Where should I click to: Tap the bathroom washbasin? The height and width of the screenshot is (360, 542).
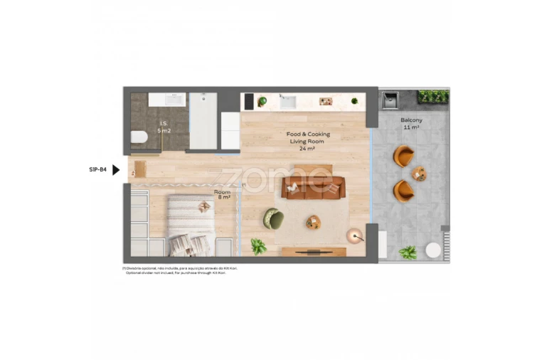pos(166,100)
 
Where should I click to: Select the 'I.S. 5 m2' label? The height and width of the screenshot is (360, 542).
pos(164,127)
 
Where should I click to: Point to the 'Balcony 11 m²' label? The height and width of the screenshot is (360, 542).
pos(411,123)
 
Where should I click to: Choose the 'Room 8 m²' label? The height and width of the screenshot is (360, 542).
pos(222,194)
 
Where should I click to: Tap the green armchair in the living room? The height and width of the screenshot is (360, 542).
pos(273,218)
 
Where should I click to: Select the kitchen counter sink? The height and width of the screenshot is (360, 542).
pos(288,102)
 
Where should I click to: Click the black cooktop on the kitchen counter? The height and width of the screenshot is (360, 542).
pos(248,102)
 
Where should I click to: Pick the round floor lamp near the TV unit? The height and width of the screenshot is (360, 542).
pos(354,234)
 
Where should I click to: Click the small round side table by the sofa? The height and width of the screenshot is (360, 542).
pos(313,222)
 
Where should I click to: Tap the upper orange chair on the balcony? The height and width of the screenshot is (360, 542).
pos(404,156)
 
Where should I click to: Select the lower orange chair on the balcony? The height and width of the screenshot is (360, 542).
pos(404,190)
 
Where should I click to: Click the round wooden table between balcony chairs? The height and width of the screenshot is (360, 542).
pos(420,174)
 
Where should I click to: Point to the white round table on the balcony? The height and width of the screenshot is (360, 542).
pos(433,250)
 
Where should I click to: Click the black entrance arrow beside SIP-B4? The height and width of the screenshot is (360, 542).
pos(116,170)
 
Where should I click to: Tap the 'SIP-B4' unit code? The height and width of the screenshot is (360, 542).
pos(97,170)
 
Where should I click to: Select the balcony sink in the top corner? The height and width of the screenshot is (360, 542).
pos(390,101)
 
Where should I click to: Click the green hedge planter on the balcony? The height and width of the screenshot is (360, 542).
pos(432,96)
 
